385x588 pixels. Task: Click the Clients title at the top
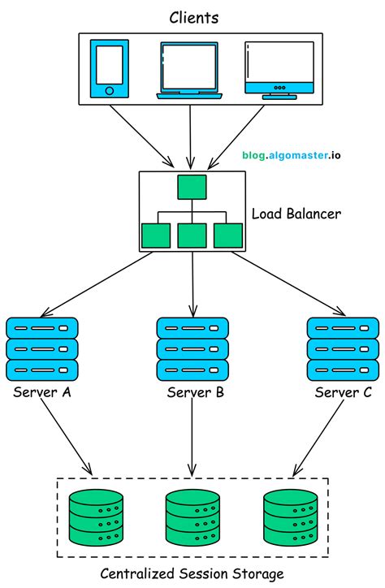coord(192,16)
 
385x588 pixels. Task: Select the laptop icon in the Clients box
coord(191,69)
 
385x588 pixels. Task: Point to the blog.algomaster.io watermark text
coord(296,153)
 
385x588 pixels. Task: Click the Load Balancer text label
coord(296,214)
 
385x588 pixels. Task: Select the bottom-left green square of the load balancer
coord(156,235)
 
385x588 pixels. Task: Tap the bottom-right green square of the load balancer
coord(228,235)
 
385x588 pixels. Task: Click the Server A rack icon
coord(41,349)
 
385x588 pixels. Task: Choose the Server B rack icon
coord(192,349)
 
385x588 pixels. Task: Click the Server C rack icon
coord(342,349)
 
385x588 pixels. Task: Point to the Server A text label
coord(42,394)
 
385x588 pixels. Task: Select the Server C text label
coord(341,394)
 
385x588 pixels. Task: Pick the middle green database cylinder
coord(192,517)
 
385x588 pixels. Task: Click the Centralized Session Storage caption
coord(192,574)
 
